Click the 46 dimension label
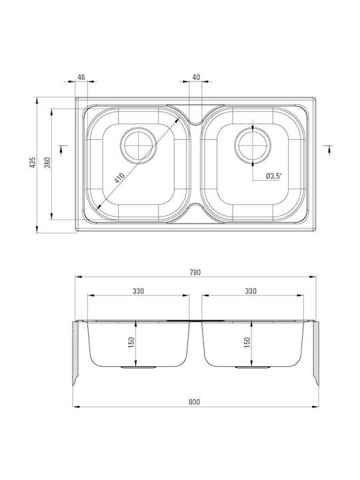point(81,77)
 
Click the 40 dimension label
point(196,77)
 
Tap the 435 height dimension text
point(33,163)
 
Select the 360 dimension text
point(47,163)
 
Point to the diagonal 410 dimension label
point(120,178)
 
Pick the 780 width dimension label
point(195,272)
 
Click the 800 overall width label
point(195,401)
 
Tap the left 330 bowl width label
point(139,291)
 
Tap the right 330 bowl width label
point(251,291)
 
